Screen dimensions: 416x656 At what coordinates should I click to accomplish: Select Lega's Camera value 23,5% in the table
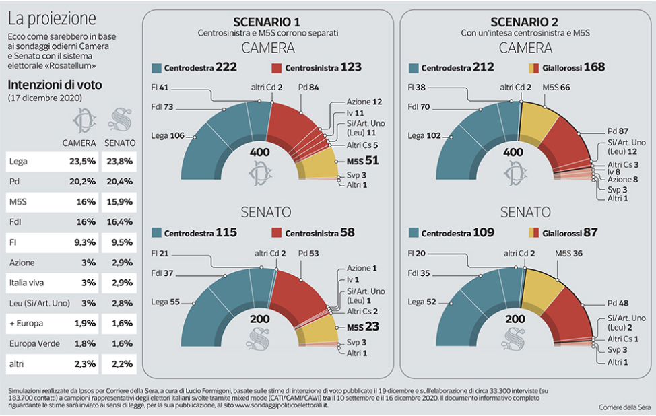81,162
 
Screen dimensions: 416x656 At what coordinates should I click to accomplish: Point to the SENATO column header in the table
121,143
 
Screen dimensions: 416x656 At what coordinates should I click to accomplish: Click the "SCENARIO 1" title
267,21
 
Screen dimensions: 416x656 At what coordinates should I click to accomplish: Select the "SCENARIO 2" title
525,21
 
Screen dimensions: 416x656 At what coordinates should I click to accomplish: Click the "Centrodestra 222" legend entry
195,67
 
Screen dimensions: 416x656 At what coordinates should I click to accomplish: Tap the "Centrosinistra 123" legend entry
317,67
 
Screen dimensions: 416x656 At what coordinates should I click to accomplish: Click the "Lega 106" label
168,135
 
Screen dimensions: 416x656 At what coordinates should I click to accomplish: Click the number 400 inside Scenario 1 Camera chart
260,153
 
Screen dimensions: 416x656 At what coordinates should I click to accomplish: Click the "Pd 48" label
619,302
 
